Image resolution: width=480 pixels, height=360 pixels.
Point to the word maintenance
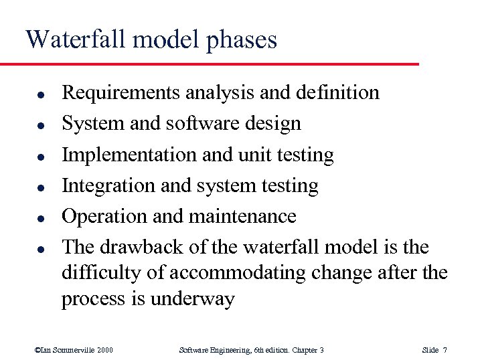[x=244, y=216]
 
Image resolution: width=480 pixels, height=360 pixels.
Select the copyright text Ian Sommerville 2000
[x=74, y=350]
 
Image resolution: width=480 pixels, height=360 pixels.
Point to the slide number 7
[x=445, y=350]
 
